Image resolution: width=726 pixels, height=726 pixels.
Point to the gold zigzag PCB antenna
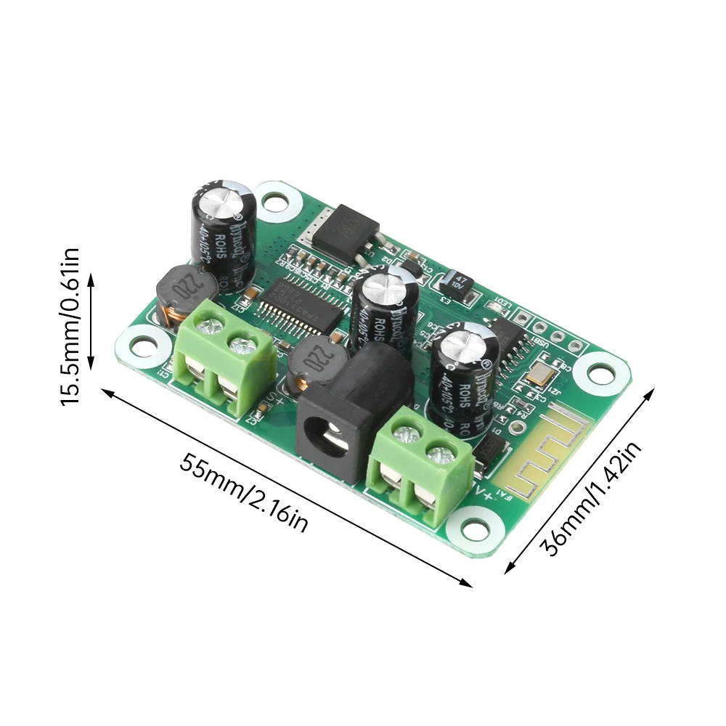(x=534, y=451)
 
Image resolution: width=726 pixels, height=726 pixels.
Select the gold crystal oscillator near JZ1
(x=541, y=376)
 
